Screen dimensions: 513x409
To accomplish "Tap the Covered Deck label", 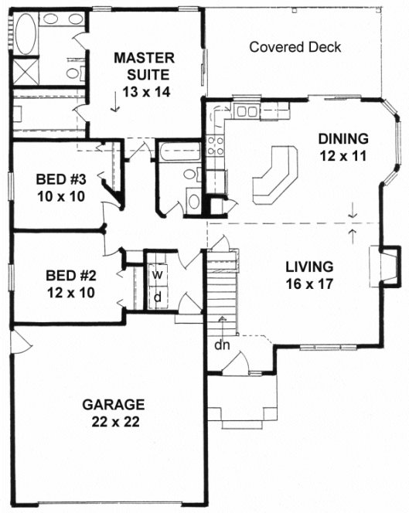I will pyautogui.click(x=295, y=47).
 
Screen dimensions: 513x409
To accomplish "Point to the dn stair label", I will pyautogui.click(x=222, y=344).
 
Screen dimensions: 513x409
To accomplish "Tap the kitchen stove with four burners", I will pyautogui.click(x=216, y=145).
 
